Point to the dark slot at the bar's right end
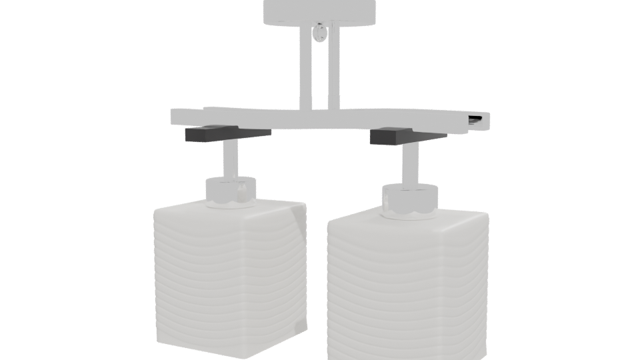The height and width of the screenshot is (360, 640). coord(477,120)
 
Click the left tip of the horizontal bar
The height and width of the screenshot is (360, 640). coord(174,118)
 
